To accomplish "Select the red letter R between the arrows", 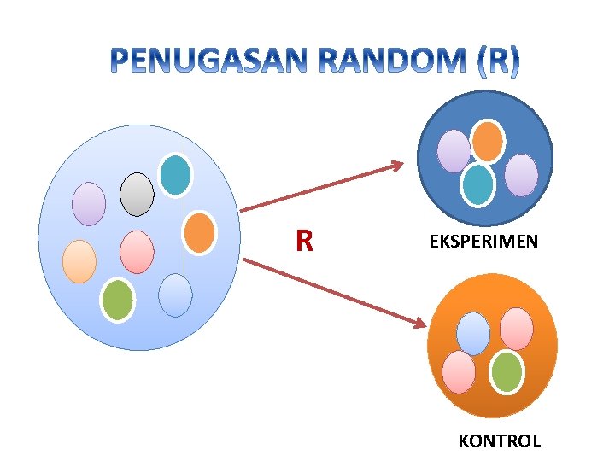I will tap(303, 242).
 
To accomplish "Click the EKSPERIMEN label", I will tap(483, 242).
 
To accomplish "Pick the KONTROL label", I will tap(500, 441).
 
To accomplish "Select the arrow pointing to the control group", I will tap(333, 292).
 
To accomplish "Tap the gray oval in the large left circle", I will tap(137, 195).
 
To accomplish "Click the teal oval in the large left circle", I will tap(176, 175).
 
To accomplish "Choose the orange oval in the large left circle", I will tap(199, 232).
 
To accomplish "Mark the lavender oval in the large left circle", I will tap(89, 204).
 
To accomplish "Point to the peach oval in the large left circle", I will tap(79, 261).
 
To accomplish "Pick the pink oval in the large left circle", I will tap(137, 252).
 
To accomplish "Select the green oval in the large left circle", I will tap(118, 300).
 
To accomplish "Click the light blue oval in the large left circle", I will tap(176, 295).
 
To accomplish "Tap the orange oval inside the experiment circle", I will tap(488, 141).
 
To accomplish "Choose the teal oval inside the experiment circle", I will tap(478, 184).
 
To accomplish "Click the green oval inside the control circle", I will tap(507, 372).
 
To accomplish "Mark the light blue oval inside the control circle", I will tap(473, 333).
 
